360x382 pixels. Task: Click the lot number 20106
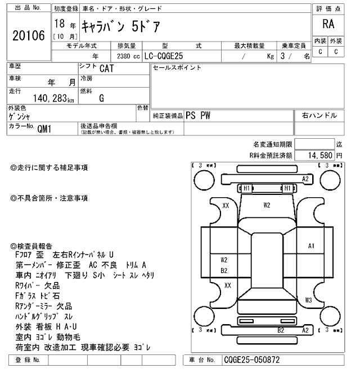click(28, 36)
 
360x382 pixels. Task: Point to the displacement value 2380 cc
click(128, 56)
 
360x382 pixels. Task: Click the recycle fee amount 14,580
click(319, 154)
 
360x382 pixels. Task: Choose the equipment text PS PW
click(198, 115)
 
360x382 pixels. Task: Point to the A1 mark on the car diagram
click(311, 245)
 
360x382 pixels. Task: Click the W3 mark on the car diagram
click(308, 300)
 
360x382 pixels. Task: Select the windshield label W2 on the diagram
click(267, 204)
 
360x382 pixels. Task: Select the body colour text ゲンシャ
click(20, 117)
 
